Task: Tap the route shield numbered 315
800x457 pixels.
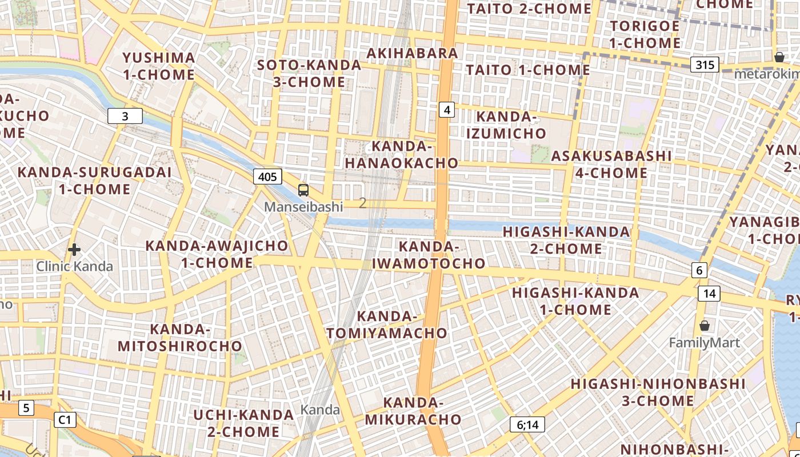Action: pyautogui.click(x=705, y=65)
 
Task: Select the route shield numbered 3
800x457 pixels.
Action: pyautogui.click(x=125, y=117)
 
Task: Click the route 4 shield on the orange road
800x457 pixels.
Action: pyautogui.click(x=447, y=109)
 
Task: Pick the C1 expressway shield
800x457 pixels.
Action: pyautogui.click(x=65, y=420)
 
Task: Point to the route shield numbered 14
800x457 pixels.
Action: pyautogui.click(x=709, y=294)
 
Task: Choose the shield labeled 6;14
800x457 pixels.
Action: pyautogui.click(x=527, y=424)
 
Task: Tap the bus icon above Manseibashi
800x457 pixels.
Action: pyautogui.click(x=303, y=190)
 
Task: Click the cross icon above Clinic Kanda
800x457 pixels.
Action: pyautogui.click(x=74, y=250)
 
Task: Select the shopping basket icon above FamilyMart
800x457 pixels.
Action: pyautogui.click(x=705, y=326)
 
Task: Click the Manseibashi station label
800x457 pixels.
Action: pyautogui.click(x=303, y=207)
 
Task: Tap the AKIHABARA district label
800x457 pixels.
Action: pyautogui.click(x=412, y=53)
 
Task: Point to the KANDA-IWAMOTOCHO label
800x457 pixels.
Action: pyautogui.click(x=429, y=255)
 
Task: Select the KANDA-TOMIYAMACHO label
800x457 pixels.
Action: pyautogui.click(x=387, y=324)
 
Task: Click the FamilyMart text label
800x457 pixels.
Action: pyautogui.click(x=704, y=343)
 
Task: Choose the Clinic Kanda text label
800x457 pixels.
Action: pyautogui.click(x=75, y=266)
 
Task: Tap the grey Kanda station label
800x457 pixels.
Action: pyautogui.click(x=320, y=410)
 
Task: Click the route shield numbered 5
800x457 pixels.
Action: pyautogui.click(x=26, y=408)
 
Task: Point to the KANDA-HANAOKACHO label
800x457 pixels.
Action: pyautogui.click(x=401, y=154)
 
